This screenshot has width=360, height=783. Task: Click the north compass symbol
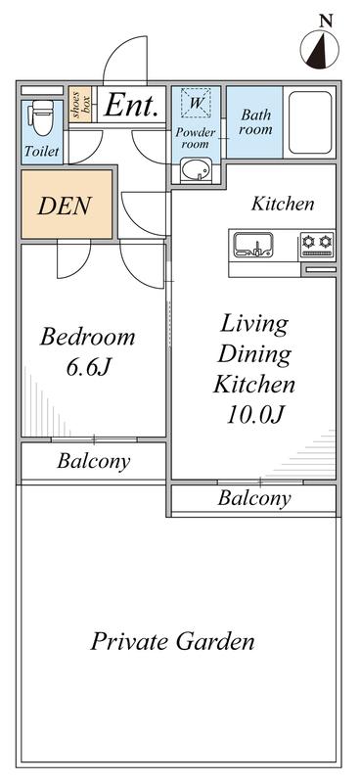(320, 49)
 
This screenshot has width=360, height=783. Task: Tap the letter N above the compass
(326, 21)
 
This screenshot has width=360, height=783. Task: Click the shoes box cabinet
(80, 105)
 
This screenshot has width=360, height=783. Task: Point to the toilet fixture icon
(43, 117)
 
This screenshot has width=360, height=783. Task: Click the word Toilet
(42, 152)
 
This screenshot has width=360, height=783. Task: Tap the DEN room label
(65, 206)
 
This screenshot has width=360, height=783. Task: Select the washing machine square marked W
(197, 103)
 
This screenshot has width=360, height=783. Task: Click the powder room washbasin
(196, 169)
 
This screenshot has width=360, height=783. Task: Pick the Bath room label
(255, 122)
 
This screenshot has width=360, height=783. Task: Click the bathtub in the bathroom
(310, 122)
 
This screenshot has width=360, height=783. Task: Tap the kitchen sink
(253, 245)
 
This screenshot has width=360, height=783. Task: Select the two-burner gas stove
(318, 244)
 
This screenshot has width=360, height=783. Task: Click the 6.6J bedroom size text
(88, 367)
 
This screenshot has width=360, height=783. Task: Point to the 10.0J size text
(254, 414)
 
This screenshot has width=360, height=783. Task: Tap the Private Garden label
(172, 641)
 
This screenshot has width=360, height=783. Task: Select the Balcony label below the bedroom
(94, 461)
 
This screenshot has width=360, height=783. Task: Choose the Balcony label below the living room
(253, 498)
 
